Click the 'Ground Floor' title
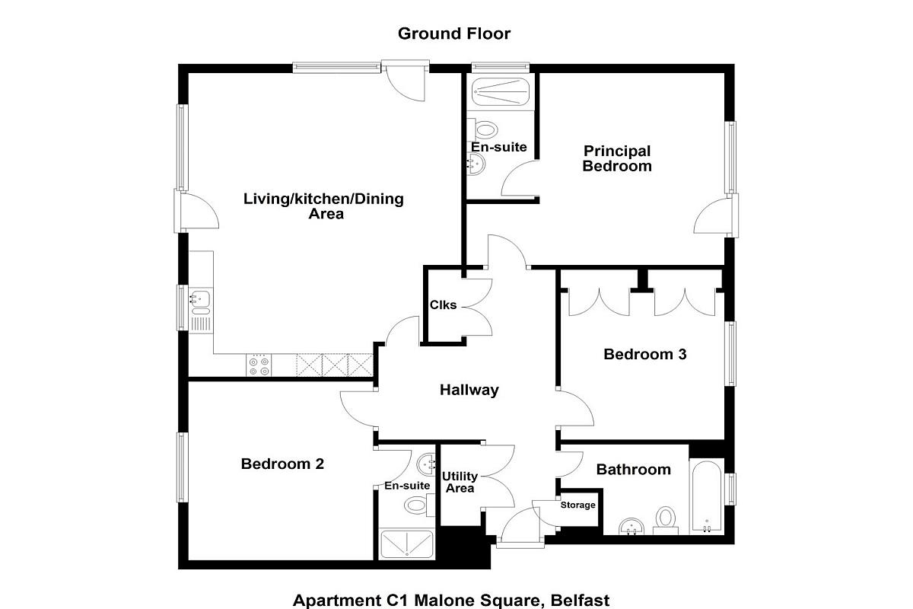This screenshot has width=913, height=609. (x=454, y=33)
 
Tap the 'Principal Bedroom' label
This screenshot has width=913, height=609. (x=616, y=158)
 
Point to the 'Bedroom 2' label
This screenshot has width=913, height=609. (x=282, y=464)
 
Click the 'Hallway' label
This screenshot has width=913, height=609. (x=469, y=391)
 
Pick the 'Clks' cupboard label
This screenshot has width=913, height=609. (x=444, y=305)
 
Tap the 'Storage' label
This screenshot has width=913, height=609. (x=578, y=505)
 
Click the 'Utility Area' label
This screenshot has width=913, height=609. (x=460, y=483)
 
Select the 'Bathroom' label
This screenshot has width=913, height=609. (x=633, y=470)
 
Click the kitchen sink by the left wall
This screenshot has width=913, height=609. (x=201, y=301)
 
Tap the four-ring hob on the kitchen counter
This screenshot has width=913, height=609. (x=258, y=365)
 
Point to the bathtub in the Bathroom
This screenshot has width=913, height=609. (x=708, y=497)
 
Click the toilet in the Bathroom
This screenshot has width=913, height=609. (x=666, y=519)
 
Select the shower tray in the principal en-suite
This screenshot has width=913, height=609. (x=499, y=93)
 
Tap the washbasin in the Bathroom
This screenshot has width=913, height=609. (x=631, y=525)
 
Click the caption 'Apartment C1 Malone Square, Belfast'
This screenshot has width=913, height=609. (x=451, y=600)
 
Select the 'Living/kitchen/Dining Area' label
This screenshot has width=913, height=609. (x=323, y=206)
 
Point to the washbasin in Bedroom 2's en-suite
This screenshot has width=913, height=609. (x=428, y=462)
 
